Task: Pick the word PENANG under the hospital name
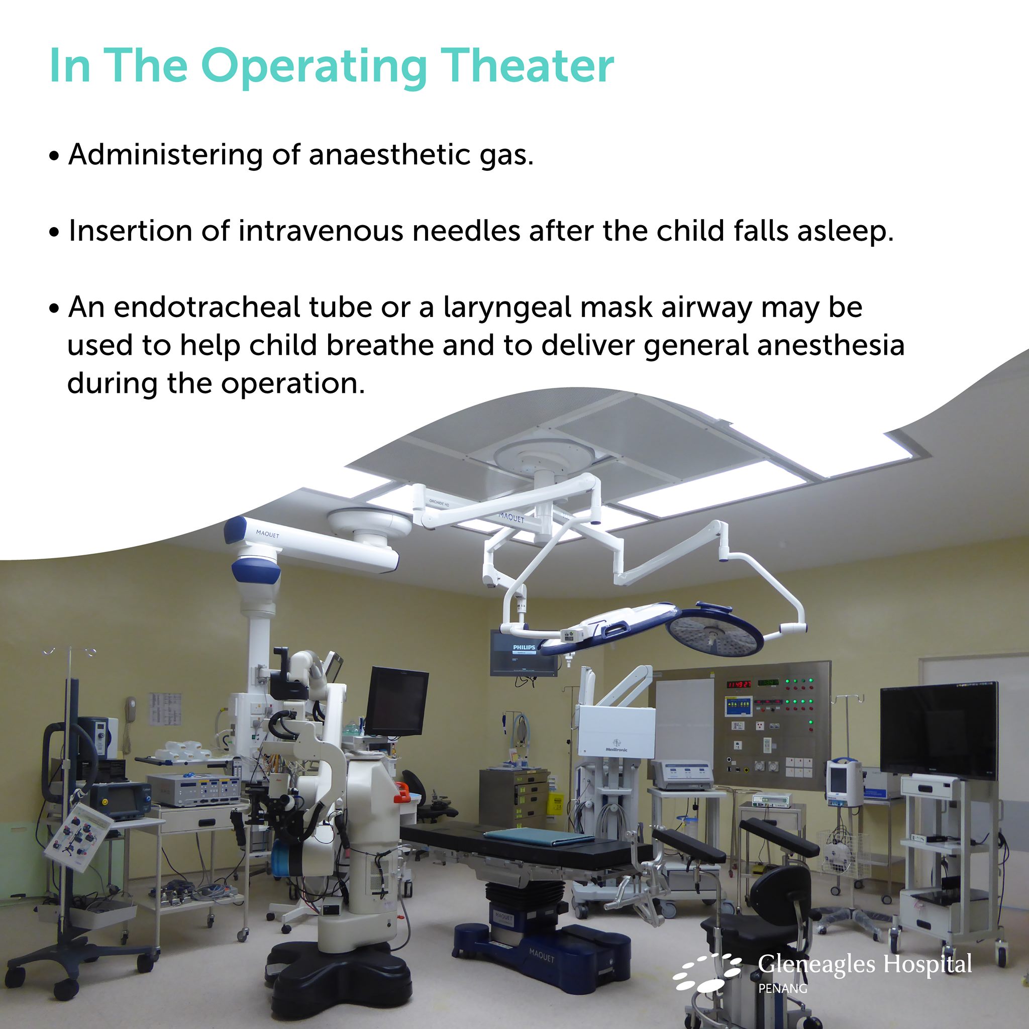point(782,988)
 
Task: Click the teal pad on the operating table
point(538,837)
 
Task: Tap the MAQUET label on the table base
point(541,957)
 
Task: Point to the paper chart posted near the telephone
point(165,708)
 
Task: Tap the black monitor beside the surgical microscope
point(397,700)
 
